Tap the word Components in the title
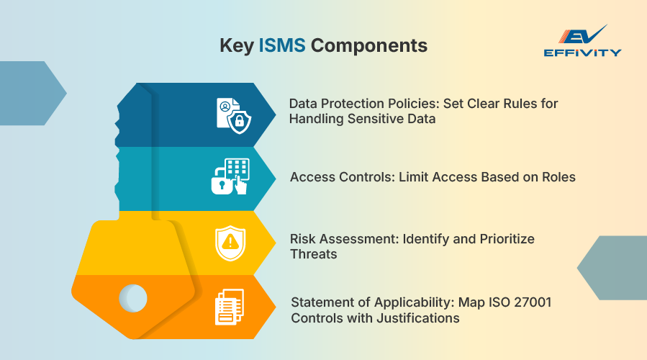point(369,45)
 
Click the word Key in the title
point(236,45)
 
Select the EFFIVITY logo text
point(582,53)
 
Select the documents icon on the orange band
point(230,306)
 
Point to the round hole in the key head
point(133,297)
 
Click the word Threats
point(314,254)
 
